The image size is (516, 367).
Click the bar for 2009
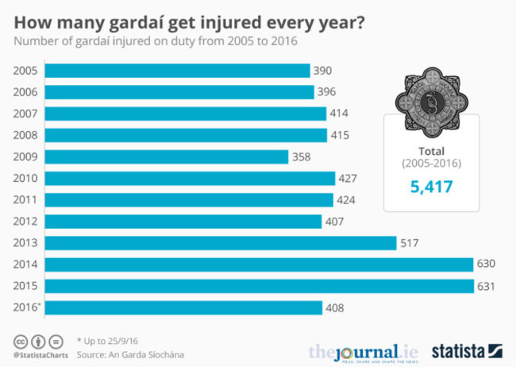(166, 156)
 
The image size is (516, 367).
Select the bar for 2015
(259, 286)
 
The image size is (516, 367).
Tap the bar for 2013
(220, 243)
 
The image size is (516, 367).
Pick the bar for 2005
(177, 71)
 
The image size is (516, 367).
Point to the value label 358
(302, 156)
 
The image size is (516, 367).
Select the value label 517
(410, 243)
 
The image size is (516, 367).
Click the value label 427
(348, 178)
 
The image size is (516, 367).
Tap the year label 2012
(25, 222)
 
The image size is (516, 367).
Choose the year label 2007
(25, 114)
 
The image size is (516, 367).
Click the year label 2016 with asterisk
(26, 307)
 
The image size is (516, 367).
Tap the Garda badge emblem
(431, 101)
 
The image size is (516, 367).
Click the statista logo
(467, 350)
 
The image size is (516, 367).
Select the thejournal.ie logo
(363, 351)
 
